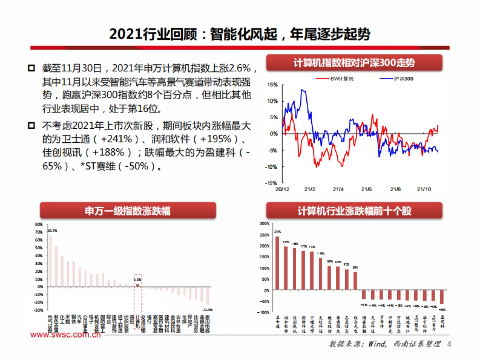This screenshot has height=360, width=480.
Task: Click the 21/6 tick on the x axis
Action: coord(367,189)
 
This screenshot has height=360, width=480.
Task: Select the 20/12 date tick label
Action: coord(282,189)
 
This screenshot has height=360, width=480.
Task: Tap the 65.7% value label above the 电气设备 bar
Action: coord(52,231)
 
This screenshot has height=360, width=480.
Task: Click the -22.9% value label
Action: coord(207,309)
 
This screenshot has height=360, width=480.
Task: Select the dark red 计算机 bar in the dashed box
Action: coord(138,285)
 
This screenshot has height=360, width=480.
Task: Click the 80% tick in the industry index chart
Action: coord(39,224)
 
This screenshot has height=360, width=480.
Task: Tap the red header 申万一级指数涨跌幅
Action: coord(128,211)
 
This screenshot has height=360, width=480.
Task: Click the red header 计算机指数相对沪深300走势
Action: coord(354,63)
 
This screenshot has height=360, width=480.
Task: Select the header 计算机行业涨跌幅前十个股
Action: coord(354,211)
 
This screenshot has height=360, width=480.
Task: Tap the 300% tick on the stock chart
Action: coord(264,224)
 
